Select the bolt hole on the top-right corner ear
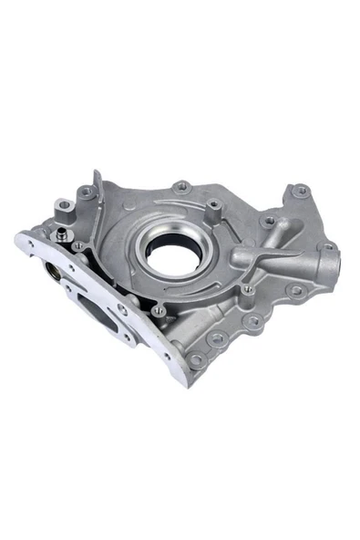click(x=300, y=192)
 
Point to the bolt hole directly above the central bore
click(x=182, y=187)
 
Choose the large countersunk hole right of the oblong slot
click(x=122, y=310)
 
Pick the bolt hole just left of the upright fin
click(x=86, y=192)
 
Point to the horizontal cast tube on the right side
click(x=273, y=260)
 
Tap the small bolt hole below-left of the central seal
click(x=159, y=310)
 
